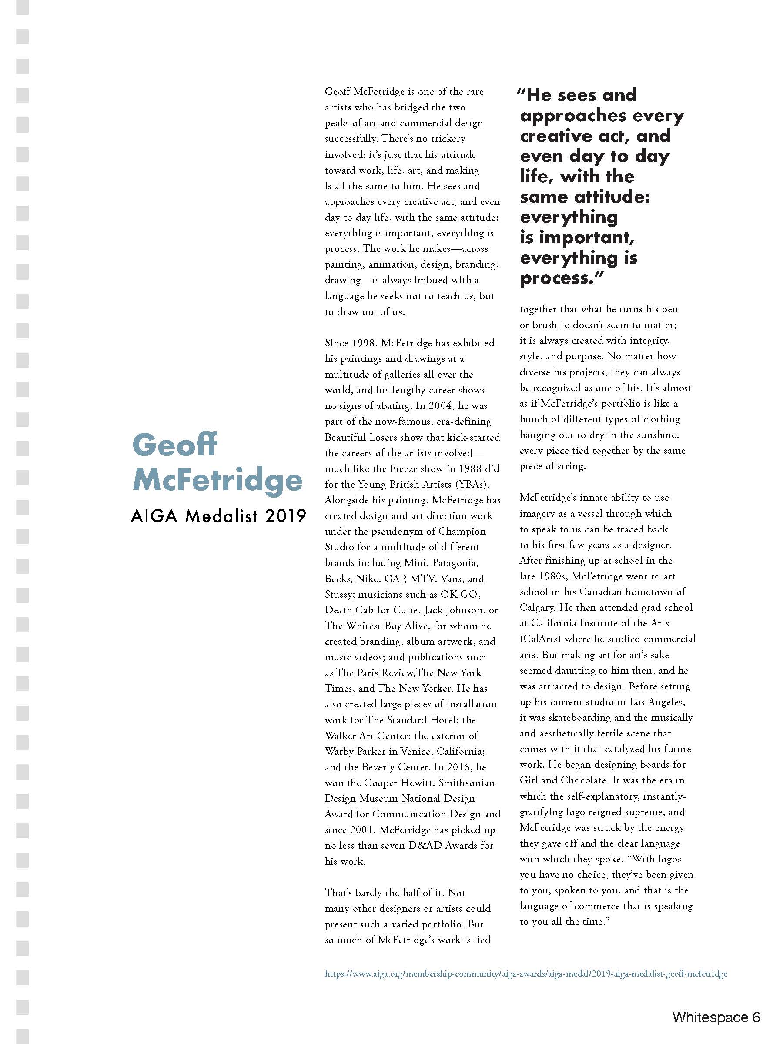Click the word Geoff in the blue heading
point(174,445)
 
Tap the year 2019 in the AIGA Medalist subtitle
point(285,516)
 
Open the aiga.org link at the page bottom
point(526,973)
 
